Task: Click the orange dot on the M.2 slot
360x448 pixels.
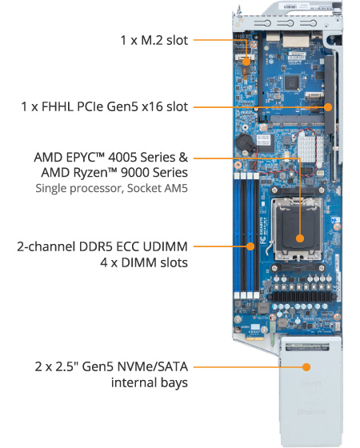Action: pos(247,61)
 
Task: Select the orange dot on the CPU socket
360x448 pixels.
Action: pos(298,238)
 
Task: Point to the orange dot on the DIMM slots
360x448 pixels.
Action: pos(250,247)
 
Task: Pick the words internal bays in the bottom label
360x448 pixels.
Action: pos(150,382)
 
